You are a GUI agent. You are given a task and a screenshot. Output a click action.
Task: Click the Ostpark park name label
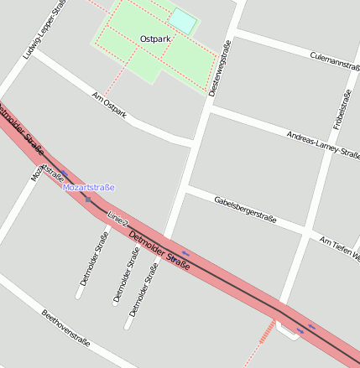(155, 39)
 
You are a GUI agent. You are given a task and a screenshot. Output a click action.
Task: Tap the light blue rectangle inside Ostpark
(183, 19)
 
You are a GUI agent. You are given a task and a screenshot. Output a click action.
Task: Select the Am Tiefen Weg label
(340, 247)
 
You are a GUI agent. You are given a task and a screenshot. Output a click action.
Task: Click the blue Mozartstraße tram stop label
(88, 188)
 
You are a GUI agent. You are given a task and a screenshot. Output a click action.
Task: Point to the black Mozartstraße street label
(48, 172)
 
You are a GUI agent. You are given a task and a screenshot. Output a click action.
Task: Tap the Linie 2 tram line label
(117, 220)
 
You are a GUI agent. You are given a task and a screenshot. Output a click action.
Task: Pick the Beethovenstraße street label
(65, 327)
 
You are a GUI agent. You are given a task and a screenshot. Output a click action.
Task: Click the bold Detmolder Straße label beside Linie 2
(159, 251)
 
